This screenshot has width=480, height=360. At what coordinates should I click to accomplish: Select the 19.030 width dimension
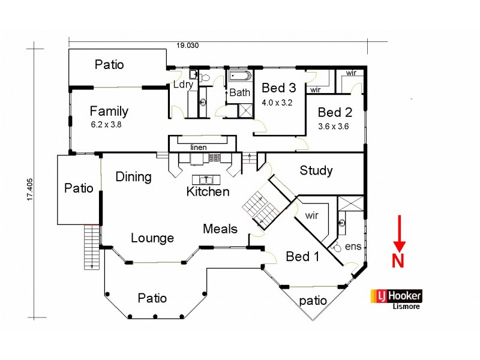[x=187, y=45]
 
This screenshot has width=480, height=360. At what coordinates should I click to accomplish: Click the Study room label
[x=316, y=170]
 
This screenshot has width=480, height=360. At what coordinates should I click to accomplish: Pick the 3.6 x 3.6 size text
[x=334, y=126]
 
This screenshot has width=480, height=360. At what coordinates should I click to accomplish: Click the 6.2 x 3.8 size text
[x=109, y=125]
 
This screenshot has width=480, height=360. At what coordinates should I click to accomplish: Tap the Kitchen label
[x=208, y=192]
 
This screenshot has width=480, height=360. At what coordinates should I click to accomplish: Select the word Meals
[x=220, y=229]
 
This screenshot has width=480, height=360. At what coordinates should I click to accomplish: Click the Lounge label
[x=152, y=238]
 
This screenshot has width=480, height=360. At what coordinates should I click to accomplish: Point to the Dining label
[x=133, y=176]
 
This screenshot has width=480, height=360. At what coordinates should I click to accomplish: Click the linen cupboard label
[x=199, y=147]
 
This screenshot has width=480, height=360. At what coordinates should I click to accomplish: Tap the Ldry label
[x=183, y=85]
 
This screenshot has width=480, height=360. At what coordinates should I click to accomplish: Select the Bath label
[x=239, y=93]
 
